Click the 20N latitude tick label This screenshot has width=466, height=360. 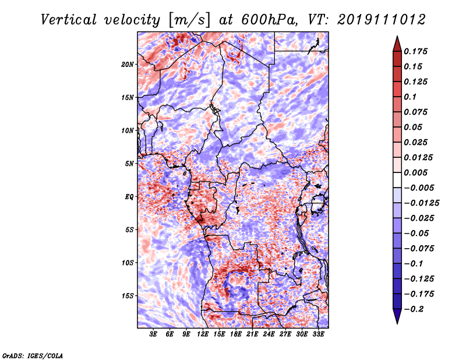128,65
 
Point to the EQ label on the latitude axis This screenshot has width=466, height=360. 129,197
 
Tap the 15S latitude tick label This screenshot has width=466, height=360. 128,296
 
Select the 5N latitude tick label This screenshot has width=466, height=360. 129,164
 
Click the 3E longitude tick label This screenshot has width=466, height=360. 153,334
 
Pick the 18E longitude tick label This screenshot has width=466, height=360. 236,334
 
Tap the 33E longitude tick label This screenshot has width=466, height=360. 318,334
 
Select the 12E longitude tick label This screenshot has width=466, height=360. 203,334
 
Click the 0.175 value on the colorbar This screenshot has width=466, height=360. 415,51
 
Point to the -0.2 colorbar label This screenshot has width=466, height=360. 414,309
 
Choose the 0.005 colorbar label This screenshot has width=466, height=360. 415,172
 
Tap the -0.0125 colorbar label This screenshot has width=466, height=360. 421,203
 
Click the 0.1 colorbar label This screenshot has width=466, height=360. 410,97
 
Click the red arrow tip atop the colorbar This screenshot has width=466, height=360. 397,37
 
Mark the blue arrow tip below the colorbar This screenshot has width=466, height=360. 397,323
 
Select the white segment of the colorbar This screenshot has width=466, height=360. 397,180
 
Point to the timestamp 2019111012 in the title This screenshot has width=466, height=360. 382,20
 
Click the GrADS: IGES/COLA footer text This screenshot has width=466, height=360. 33,356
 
